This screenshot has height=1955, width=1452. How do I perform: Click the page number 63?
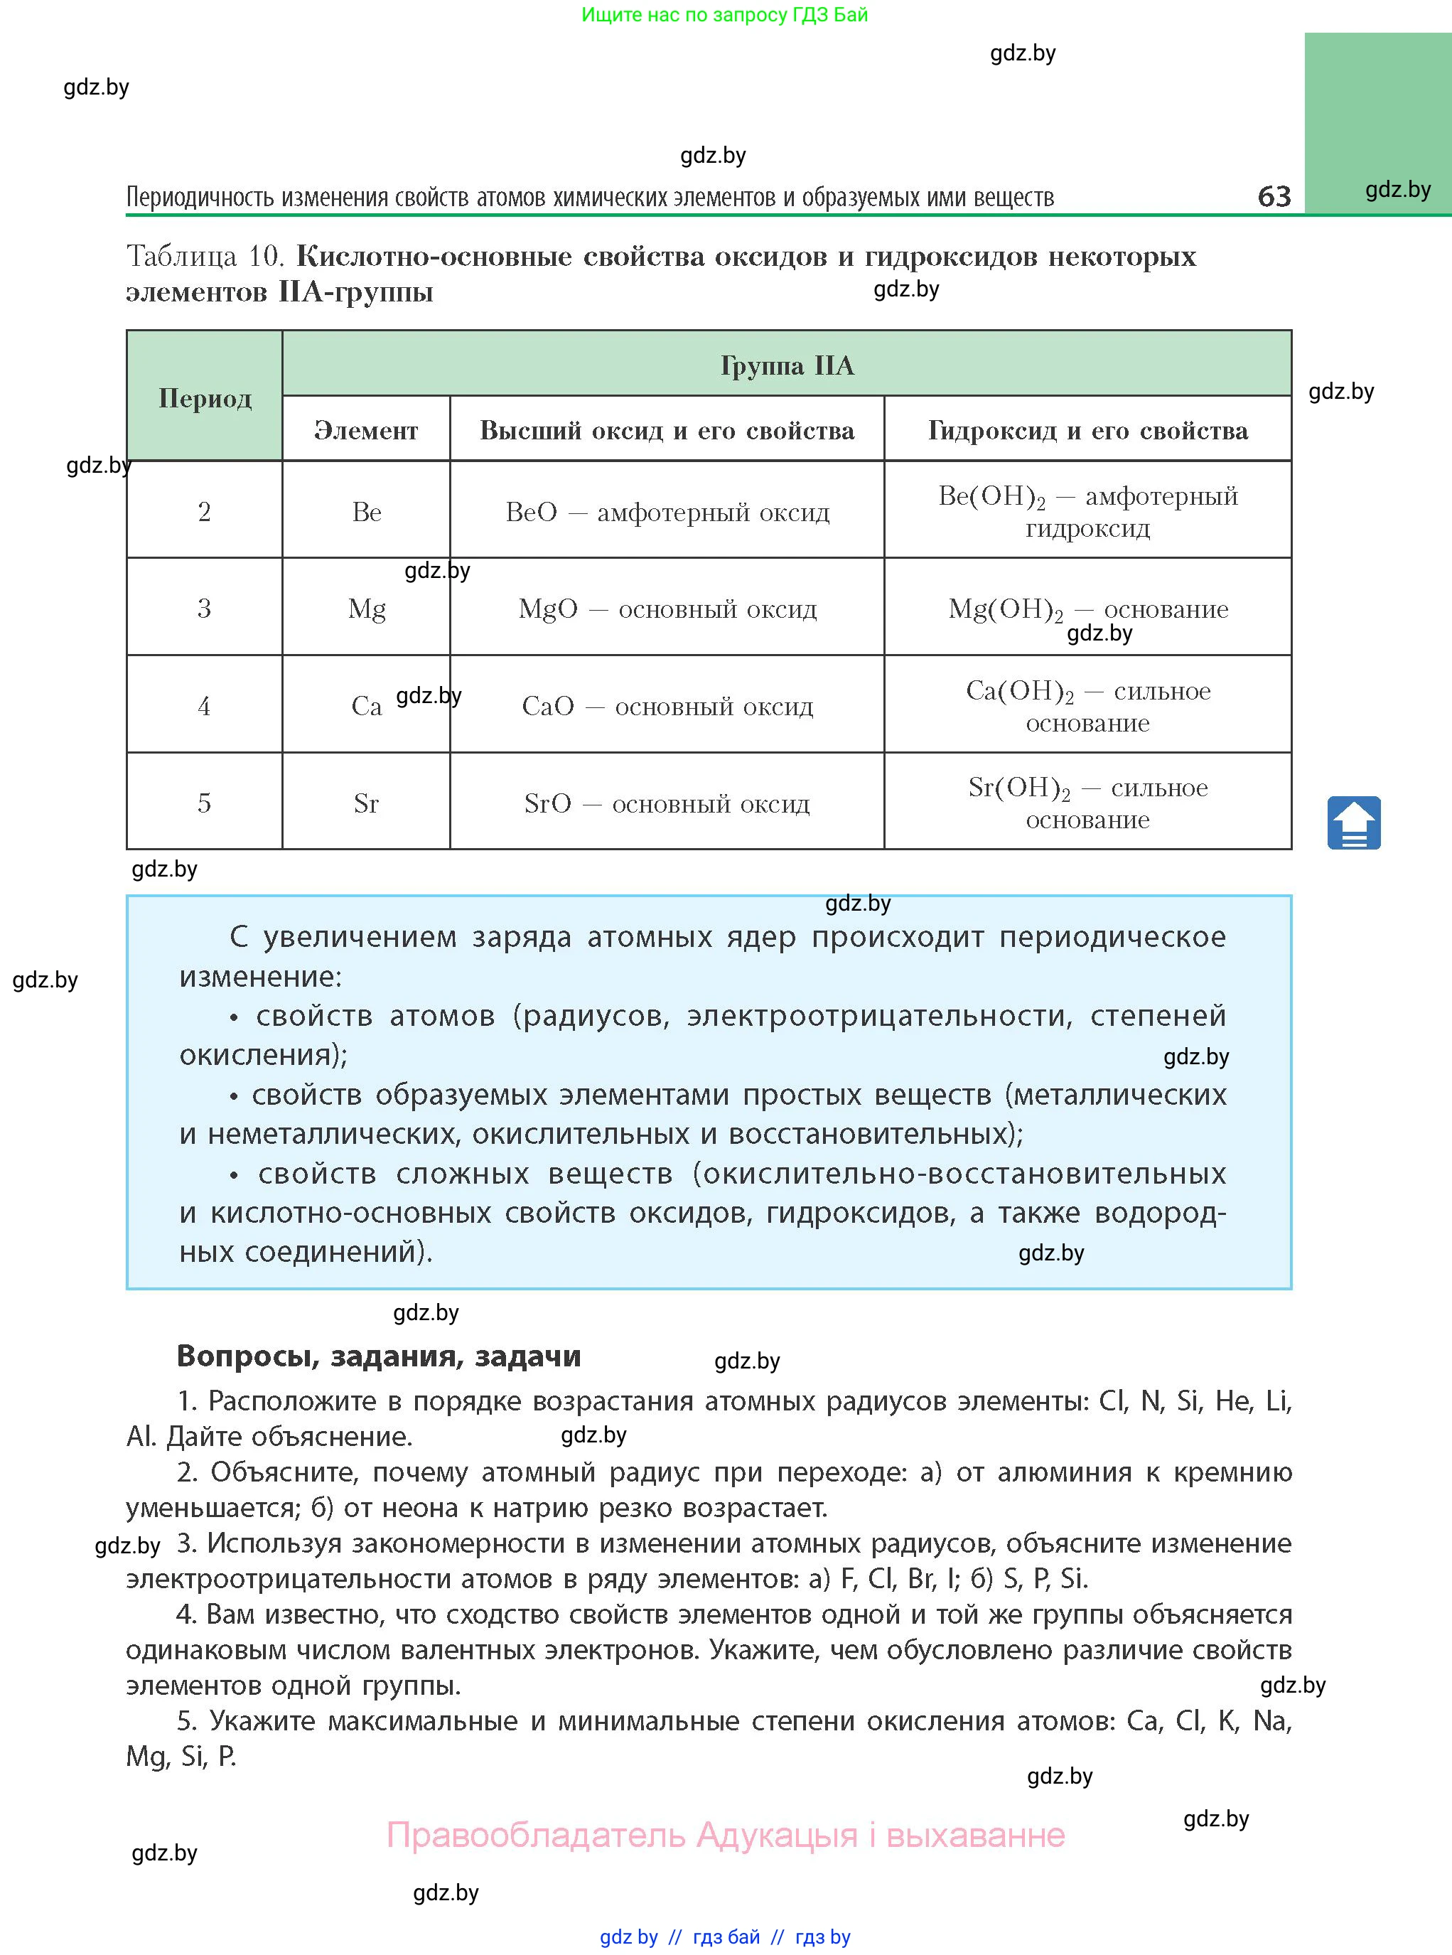point(1274,195)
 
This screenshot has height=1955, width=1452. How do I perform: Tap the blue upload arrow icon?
point(1353,823)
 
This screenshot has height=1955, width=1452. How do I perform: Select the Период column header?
point(205,398)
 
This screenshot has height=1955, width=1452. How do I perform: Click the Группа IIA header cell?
point(787,365)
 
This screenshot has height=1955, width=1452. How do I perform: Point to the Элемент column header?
point(365,430)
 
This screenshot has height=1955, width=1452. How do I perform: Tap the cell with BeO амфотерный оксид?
point(667,512)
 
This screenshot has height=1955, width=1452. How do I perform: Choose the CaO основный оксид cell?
point(667,706)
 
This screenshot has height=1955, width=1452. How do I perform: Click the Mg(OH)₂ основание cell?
point(1087,609)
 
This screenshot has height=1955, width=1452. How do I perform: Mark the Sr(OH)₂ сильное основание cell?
point(1087,802)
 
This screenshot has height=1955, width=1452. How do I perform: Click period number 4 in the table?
point(204,706)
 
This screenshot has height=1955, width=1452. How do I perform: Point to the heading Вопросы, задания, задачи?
point(379,1356)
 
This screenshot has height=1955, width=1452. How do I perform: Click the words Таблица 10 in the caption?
point(204,256)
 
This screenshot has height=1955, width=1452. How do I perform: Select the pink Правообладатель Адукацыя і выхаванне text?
point(725,1835)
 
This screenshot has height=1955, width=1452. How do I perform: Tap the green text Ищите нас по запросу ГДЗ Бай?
point(724,15)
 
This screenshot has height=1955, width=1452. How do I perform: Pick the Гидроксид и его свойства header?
point(1087,430)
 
